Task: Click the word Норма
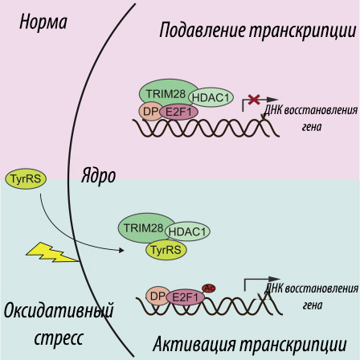pyautogui.click(x=43, y=22)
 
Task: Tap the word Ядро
pyautogui.click(x=98, y=176)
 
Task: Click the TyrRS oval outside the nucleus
pyautogui.click(x=26, y=178)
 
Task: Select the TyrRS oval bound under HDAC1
pyautogui.click(x=166, y=250)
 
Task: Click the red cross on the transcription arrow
pyautogui.click(x=254, y=100)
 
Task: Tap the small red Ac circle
pyautogui.click(x=209, y=288)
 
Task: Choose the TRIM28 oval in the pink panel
pyautogui.click(x=167, y=93)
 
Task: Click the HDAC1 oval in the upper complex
pyautogui.click(x=211, y=97)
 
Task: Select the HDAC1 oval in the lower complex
pyautogui.click(x=187, y=231)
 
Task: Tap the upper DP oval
pyautogui.click(x=150, y=112)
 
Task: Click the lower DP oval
pyautogui.click(x=157, y=296)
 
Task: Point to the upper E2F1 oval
pyautogui.click(x=179, y=112)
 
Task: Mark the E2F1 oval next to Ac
pyautogui.click(x=186, y=297)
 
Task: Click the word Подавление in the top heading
pyautogui.click(x=202, y=31)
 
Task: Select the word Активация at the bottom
pyautogui.click(x=194, y=344)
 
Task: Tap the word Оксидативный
pyautogui.click(x=59, y=311)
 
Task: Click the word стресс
pyautogui.click(x=59, y=339)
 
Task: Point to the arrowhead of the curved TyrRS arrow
pyautogui.click(x=121, y=250)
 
